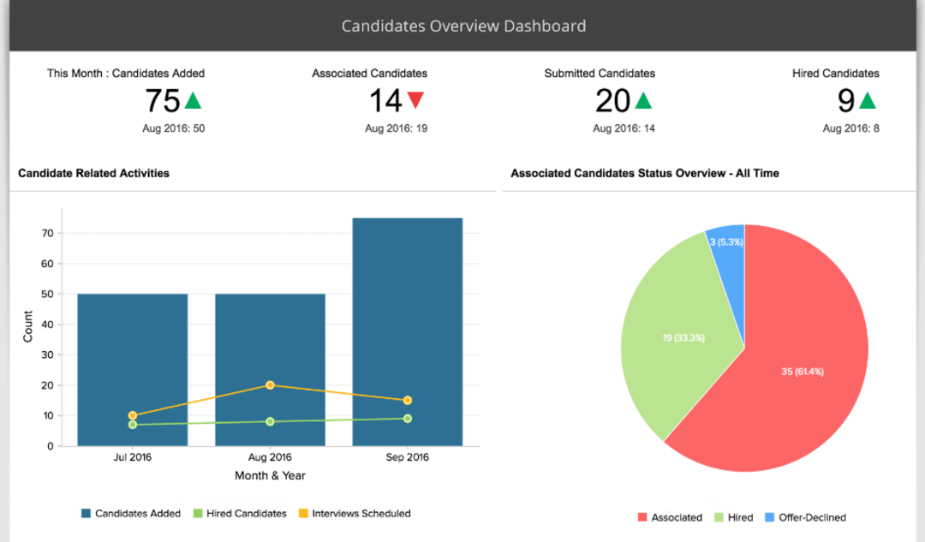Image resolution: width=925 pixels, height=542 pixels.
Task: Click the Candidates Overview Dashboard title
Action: [463, 26]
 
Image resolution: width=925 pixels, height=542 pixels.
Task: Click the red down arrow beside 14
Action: [415, 100]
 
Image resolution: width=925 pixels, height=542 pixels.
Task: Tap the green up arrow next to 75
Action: [194, 100]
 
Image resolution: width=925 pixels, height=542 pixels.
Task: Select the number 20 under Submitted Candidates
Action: [612, 101]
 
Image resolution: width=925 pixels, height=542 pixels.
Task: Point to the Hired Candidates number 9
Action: [846, 101]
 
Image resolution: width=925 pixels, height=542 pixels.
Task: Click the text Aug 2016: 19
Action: [396, 128]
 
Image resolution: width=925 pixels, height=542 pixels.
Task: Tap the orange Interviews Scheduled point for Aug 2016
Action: [270, 385]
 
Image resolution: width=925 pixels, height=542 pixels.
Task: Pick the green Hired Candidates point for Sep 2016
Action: [408, 419]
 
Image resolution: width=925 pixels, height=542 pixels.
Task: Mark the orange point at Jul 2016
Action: [132, 415]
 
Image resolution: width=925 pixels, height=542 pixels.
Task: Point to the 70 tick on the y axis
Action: [48, 233]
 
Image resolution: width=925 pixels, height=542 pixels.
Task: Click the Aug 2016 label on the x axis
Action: [270, 457]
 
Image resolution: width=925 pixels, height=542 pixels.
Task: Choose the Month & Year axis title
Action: [270, 475]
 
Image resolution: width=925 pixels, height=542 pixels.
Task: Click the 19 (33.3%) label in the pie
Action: [683, 337]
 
